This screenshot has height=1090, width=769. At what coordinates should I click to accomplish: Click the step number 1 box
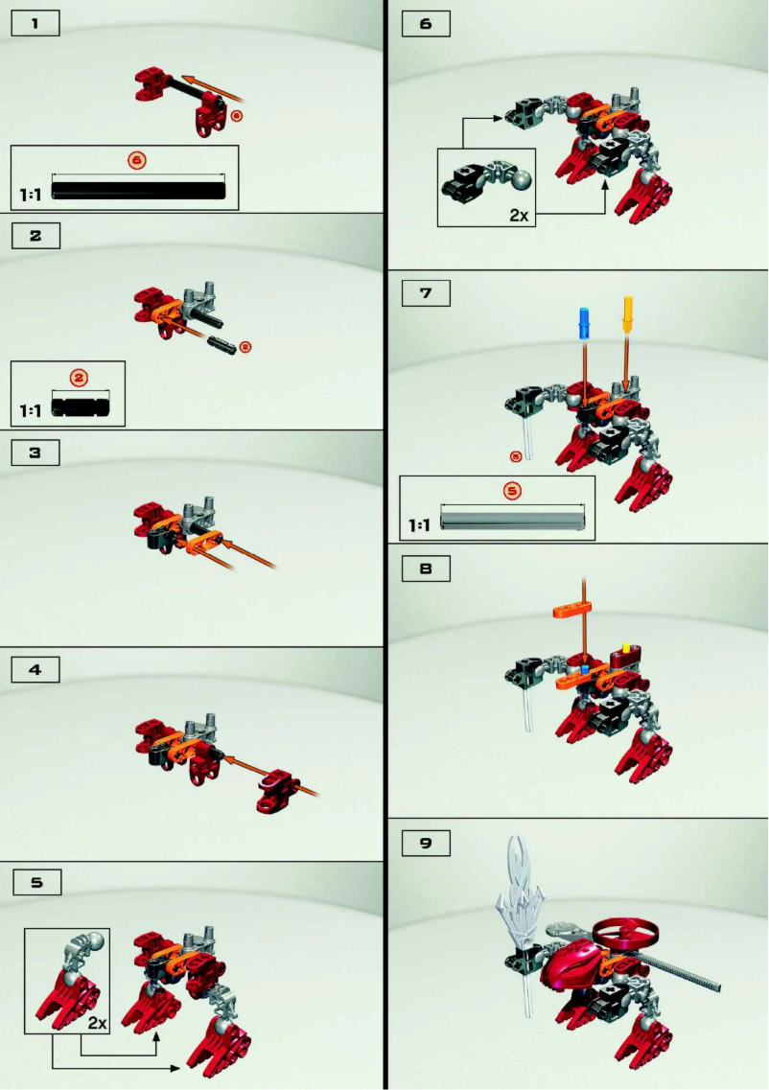click(x=35, y=24)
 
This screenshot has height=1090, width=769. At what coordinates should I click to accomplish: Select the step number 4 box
click(x=35, y=669)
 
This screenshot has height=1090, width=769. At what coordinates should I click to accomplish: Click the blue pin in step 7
click(x=582, y=322)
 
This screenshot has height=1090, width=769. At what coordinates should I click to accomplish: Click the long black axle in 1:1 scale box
click(x=139, y=190)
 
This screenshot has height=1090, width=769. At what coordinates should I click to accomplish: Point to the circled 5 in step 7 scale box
click(x=511, y=490)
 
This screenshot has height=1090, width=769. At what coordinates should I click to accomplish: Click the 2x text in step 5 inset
click(x=96, y=1023)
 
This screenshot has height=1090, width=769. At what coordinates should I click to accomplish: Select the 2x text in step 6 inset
click(x=519, y=215)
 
